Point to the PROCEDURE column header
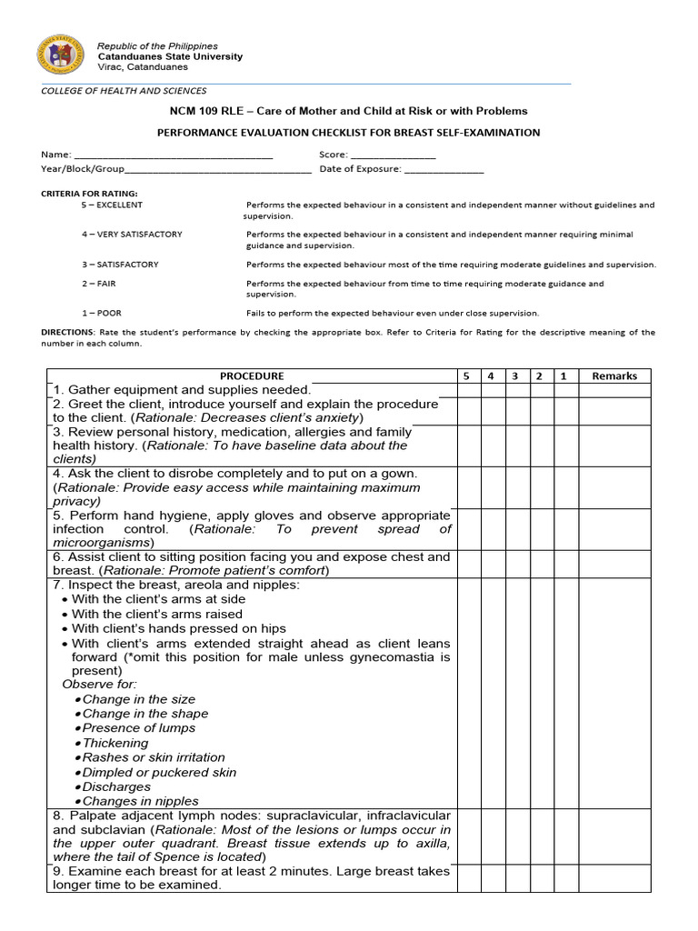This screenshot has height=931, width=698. click(x=252, y=375)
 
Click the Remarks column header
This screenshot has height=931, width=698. click(x=614, y=375)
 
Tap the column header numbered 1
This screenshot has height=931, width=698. click(x=563, y=375)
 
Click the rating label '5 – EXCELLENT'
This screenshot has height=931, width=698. click(x=112, y=205)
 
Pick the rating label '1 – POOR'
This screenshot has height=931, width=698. click(x=102, y=313)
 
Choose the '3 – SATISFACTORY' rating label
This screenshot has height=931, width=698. click(x=120, y=265)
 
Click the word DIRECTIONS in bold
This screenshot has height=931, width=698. click(x=67, y=333)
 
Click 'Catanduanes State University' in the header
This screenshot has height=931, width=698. click(x=170, y=56)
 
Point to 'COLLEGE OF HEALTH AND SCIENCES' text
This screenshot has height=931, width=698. click(x=124, y=91)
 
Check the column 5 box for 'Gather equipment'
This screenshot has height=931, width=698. click(x=468, y=389)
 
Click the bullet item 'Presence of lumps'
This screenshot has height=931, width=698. click(x=138, y=728)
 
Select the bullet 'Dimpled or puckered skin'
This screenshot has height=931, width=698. click(x=159, y=772)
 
